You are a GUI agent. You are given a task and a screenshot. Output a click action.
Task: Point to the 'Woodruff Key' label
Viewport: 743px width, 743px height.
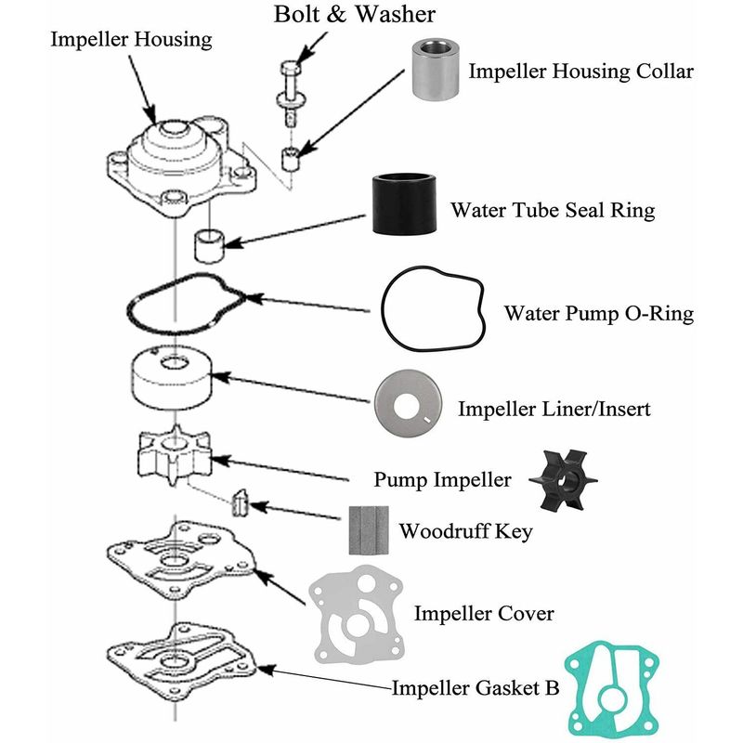click(465, 532)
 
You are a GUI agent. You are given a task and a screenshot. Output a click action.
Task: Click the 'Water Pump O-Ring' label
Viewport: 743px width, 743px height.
click(598, 314)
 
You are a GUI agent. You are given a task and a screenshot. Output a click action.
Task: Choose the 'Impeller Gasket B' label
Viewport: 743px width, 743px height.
click(475, 688)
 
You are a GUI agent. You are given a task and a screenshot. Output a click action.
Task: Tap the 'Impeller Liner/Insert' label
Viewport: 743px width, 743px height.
click(554, 409)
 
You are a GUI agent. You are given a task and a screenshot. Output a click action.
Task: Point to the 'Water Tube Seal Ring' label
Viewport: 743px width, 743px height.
click(552, 210)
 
